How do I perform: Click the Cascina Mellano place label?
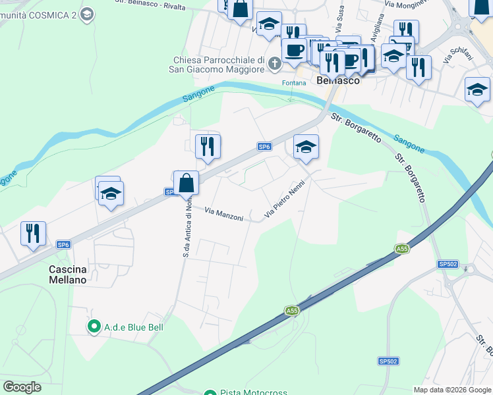tap(68, 275)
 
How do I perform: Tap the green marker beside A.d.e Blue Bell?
tap(94, 326)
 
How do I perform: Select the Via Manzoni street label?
tap(224, 214)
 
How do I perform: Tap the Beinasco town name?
tap(338, 80)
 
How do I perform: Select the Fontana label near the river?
tap(294, 83)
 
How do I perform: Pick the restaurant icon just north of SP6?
tap(208, 146)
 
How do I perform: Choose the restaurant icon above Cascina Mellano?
tap(33, 233)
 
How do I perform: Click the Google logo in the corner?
tap(22, 386)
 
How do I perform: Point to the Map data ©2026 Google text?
tap(452, 390)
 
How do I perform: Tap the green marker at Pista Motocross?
tap(210, 393)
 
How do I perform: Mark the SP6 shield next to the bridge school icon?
tap(264, 146)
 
